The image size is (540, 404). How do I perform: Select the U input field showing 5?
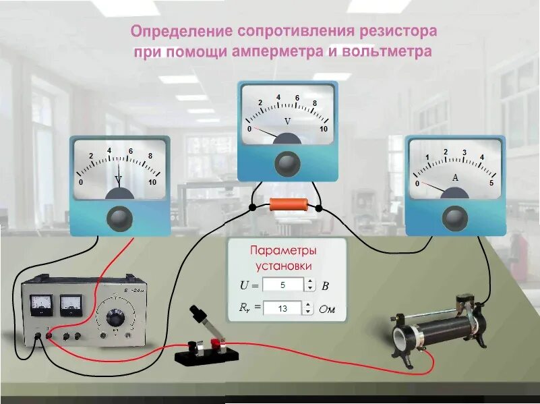point(282,285)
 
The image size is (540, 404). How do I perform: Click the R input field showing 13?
point(282,308)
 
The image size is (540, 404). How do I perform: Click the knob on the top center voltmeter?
point(288,161)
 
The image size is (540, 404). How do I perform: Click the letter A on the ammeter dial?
point(455,178)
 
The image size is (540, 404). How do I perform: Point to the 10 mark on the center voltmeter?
point(324,129)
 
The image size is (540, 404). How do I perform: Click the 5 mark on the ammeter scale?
point(491,183)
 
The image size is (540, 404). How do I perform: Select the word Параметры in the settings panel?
point(283,251)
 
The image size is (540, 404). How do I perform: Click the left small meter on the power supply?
point(42,304)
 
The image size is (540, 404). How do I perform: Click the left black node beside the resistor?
point(251,207)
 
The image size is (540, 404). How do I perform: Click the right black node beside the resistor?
point(322,207)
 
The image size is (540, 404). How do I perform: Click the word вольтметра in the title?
point(389,52)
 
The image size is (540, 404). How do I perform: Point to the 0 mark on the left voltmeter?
point(82,183)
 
